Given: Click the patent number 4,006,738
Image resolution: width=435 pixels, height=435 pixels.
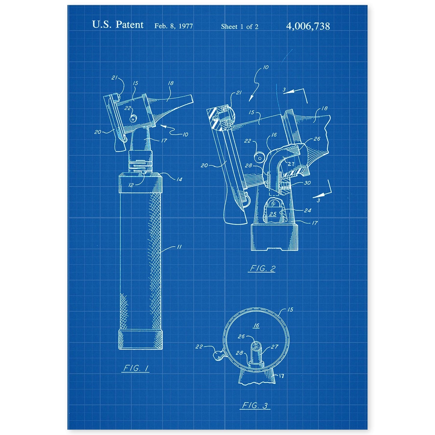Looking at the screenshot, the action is tap(308, 26).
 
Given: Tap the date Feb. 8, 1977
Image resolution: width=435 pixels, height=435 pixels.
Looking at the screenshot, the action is tap(174, 26).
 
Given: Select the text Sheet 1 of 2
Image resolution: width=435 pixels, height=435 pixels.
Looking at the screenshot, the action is tap(239, 27).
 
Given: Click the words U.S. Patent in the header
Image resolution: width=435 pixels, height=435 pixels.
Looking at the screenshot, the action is tap(118, 25).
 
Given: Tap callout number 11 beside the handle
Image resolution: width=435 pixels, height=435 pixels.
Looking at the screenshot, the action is tap(179, 247).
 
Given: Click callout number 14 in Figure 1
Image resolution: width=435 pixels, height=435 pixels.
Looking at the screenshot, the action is tap(179, 179).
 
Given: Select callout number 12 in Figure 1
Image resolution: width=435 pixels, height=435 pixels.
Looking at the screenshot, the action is tap(131, 185).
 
